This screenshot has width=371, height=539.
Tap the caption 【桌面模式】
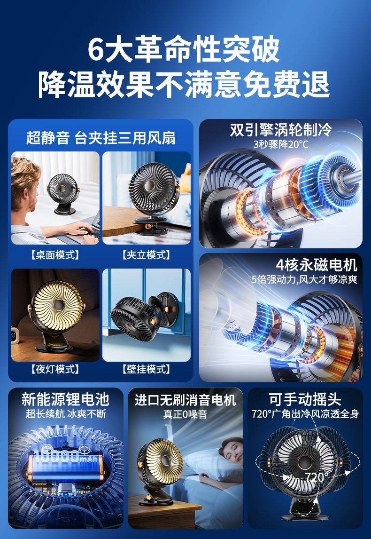(x=55, y=255)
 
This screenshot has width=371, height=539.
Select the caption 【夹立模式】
(x=146, y=255)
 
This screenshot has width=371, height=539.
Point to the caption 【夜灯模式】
(x=55, y=369)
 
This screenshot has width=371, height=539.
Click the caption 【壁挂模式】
(x=146, y=369)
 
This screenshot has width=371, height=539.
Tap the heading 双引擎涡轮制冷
(x=280, y=130)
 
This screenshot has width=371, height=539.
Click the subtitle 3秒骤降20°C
(x=281, y=144)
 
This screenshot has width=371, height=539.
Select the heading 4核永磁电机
(x=316, y=264)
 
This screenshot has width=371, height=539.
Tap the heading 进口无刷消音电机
(x=185, y=400)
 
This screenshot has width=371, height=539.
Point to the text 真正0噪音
(x=185, y=414)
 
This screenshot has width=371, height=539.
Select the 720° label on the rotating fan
(x=317, y=477)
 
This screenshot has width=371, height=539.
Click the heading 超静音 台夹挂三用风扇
(x=100, y=138)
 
